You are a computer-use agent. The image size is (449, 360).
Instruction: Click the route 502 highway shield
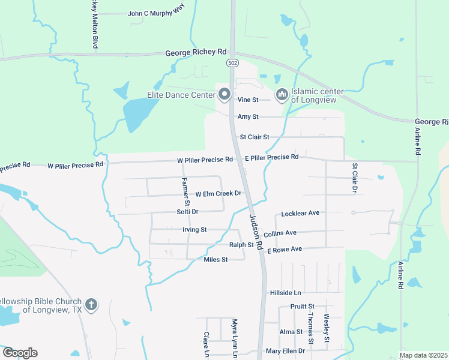[x=232, y=63]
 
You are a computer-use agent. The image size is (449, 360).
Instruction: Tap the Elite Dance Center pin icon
[x=224, y=94]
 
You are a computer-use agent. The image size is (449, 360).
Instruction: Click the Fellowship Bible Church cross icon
[x=91, y=304]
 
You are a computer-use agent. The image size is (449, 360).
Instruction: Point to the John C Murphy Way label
[x=155, y=13]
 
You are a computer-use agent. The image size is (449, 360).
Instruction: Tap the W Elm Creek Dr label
[x=218, y=194]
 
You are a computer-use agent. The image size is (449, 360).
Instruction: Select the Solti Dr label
[x=187, y=212]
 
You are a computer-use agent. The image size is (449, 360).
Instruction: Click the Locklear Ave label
[x=300, y=214]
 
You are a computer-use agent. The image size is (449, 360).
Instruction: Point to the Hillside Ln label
[x=285, y=293]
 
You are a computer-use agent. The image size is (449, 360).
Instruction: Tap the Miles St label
[x=215, y=260]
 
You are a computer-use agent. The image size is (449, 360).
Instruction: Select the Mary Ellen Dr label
[x=285, y=351]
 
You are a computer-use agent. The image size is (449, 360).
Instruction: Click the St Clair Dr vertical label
[x=354, y=177]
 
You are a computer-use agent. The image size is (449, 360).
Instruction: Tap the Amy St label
[x=248, y=117]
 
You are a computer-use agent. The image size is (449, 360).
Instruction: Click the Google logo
[x=20, y=352]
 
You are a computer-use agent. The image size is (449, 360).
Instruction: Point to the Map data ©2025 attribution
[x=423, y=355]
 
